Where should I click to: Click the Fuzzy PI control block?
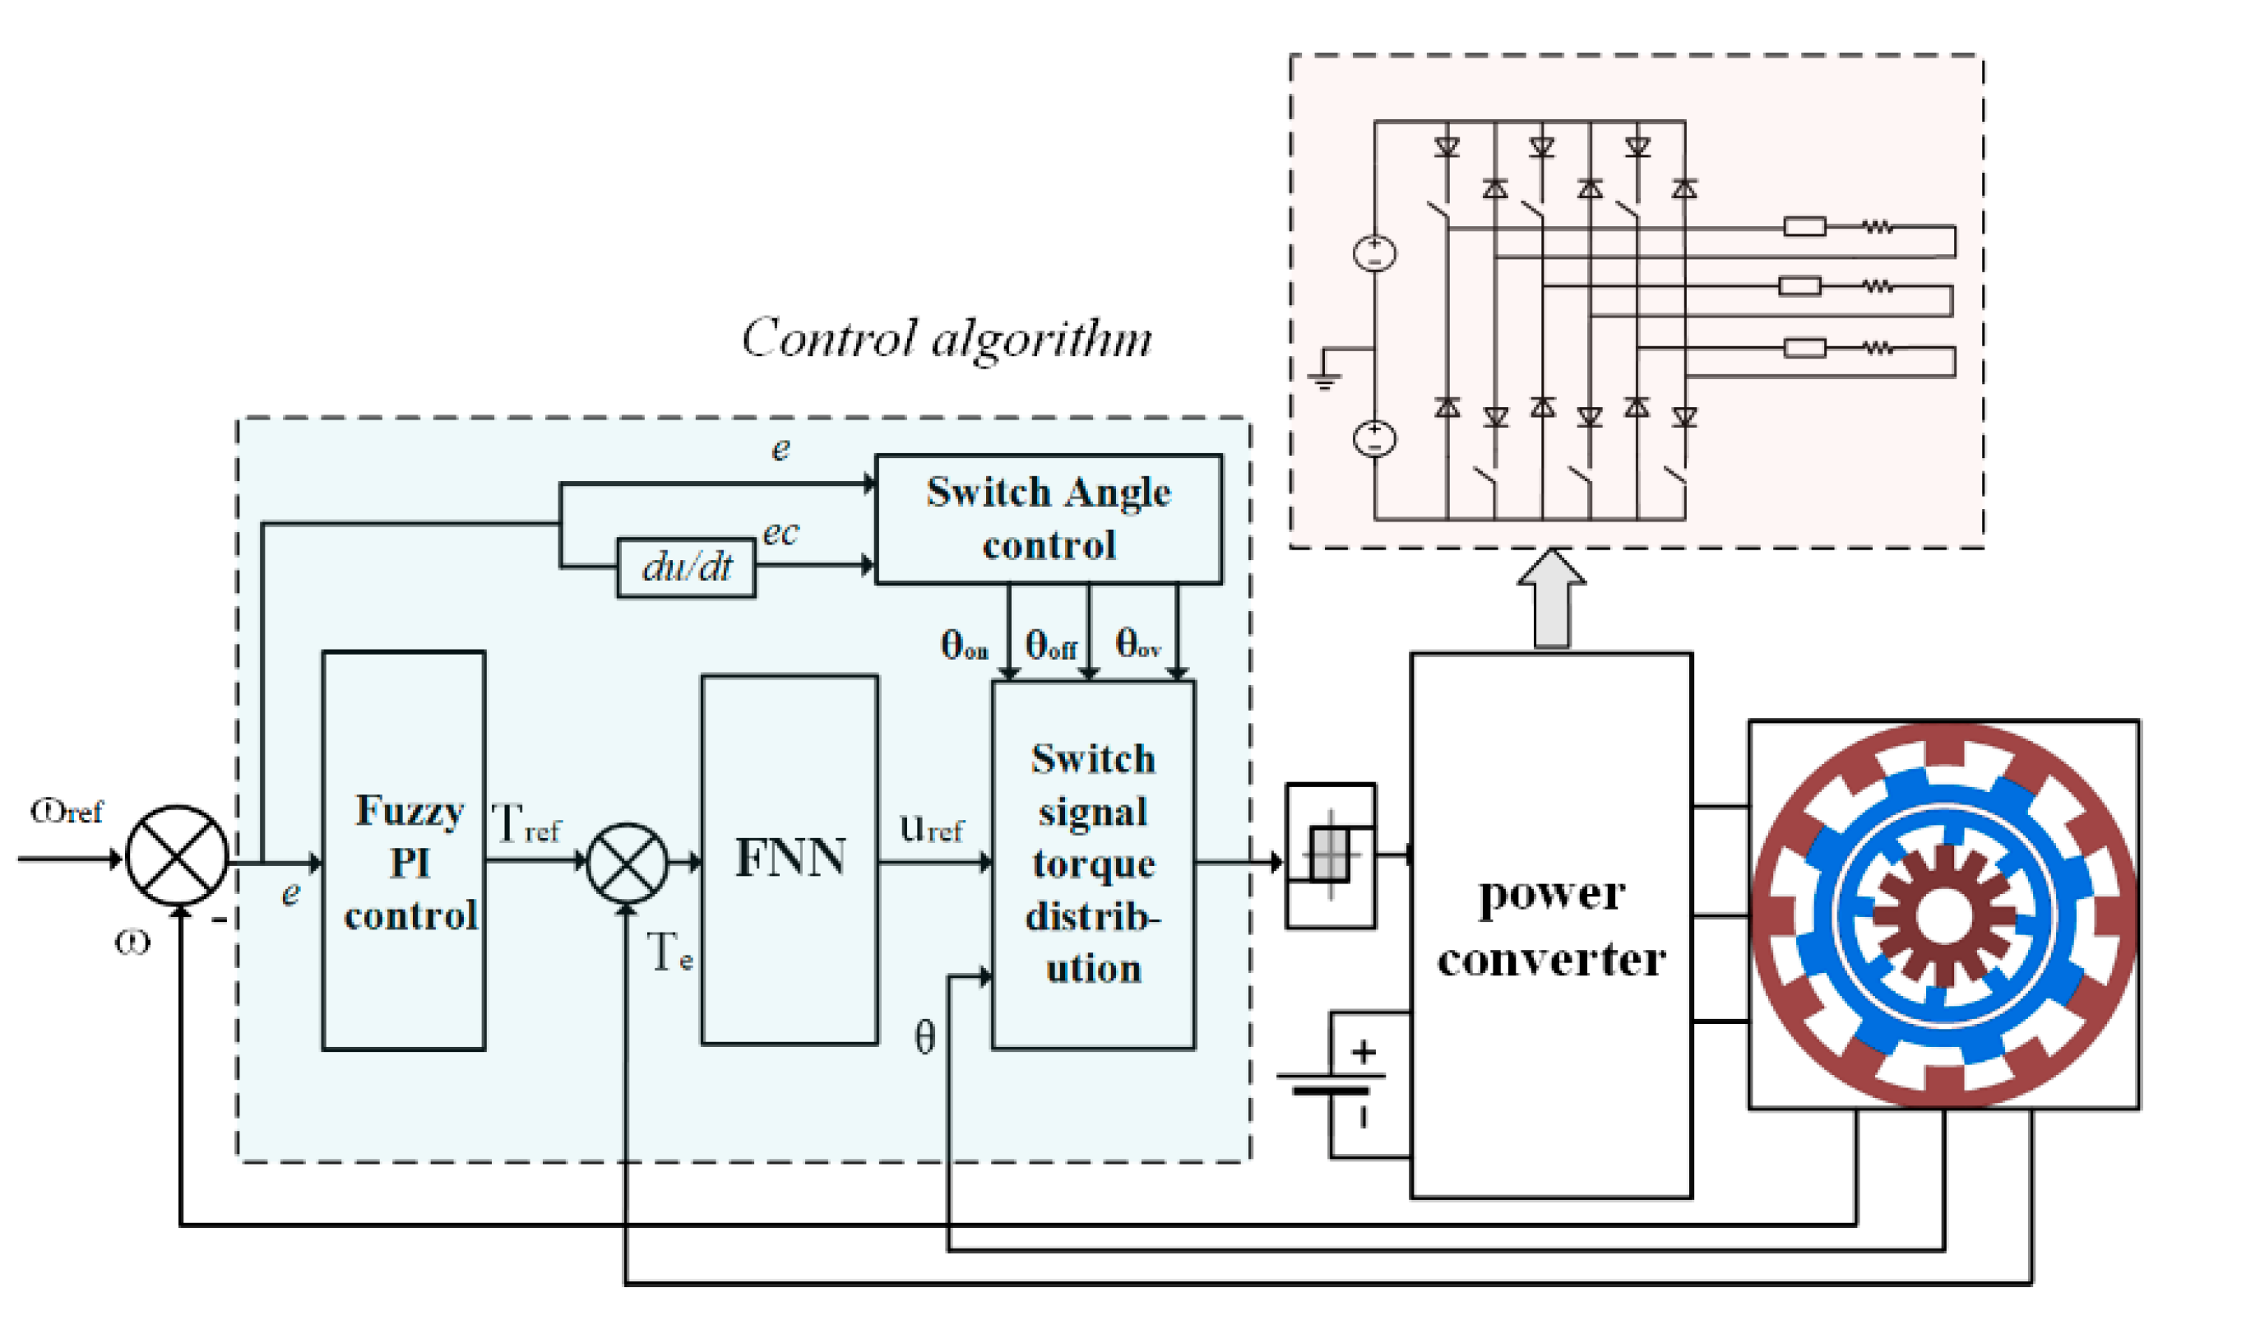coord(404,850)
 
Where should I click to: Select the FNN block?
coord(790,859)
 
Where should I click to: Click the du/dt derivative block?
coord(686,567)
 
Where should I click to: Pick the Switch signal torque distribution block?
coord(1093,864)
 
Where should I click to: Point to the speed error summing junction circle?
coord(178,855)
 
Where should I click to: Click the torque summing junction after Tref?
coord(627,863)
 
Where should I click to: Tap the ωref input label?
coord(67,811)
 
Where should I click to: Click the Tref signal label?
coord(526,823)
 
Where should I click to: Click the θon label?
coord(964,644)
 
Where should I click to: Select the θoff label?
coord(1051,644)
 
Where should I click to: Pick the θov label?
coord(1138,643)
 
